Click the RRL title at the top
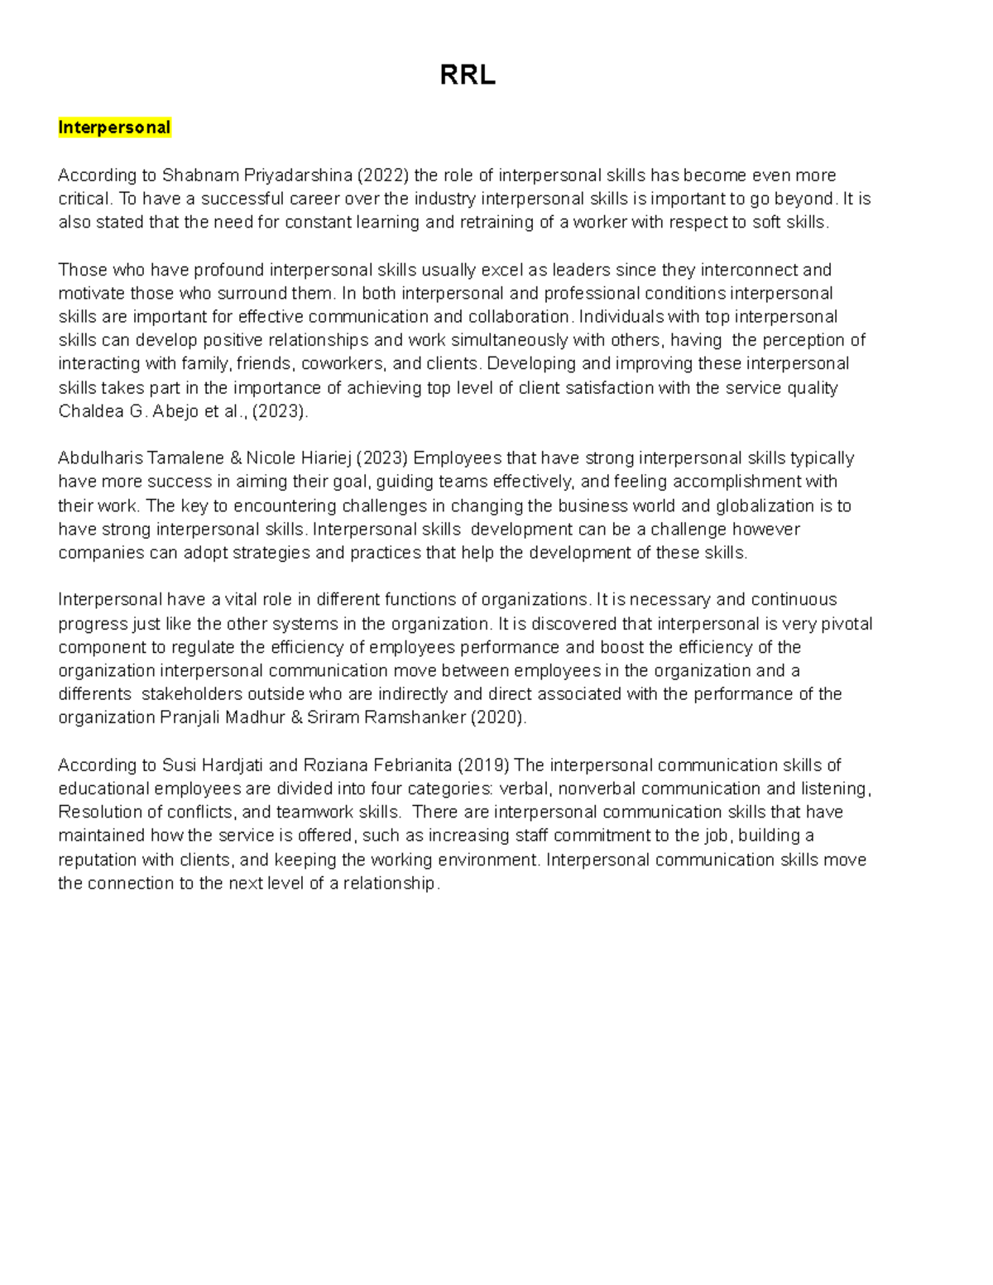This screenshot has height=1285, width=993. (468, 75)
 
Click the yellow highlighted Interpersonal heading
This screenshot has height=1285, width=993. (114, 127)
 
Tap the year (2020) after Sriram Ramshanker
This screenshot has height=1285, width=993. (497, 717)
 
